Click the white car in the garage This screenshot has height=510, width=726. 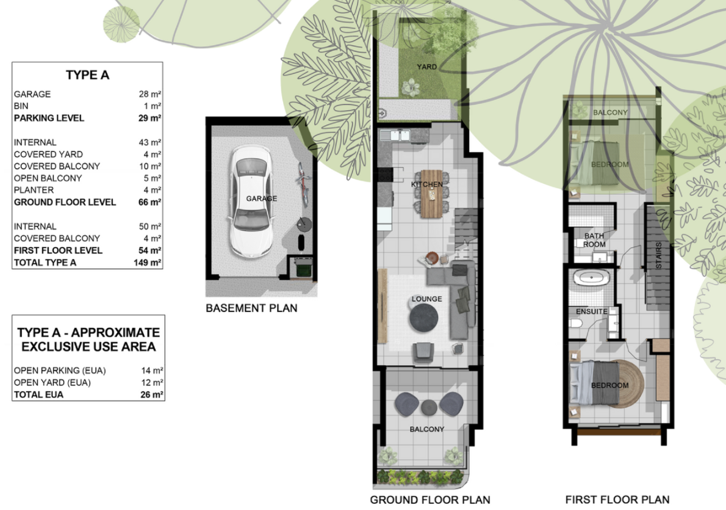coord(251,202)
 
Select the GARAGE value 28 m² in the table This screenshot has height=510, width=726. coord(149,94)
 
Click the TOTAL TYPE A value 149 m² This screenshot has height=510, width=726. coord(147,263)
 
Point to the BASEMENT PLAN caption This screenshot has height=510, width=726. coord(251,308)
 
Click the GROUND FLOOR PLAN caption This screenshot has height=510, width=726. coord(429,500)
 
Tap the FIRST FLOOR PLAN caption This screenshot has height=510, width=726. coord(617,500)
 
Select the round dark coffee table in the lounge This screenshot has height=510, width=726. coord(423,318)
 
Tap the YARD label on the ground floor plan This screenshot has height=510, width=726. coord(426,67)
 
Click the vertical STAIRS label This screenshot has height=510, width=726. coord(658,255)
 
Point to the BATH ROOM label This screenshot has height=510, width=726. coord(594,240)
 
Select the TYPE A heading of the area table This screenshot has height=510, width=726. coord(87,75)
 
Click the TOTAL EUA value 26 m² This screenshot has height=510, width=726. coord(151,395)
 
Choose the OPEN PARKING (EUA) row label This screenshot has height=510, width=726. coord(60,371)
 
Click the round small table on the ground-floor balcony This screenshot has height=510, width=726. coord(429,407)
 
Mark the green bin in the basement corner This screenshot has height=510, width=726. coord(303,269)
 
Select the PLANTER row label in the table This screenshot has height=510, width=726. coord(34,190)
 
